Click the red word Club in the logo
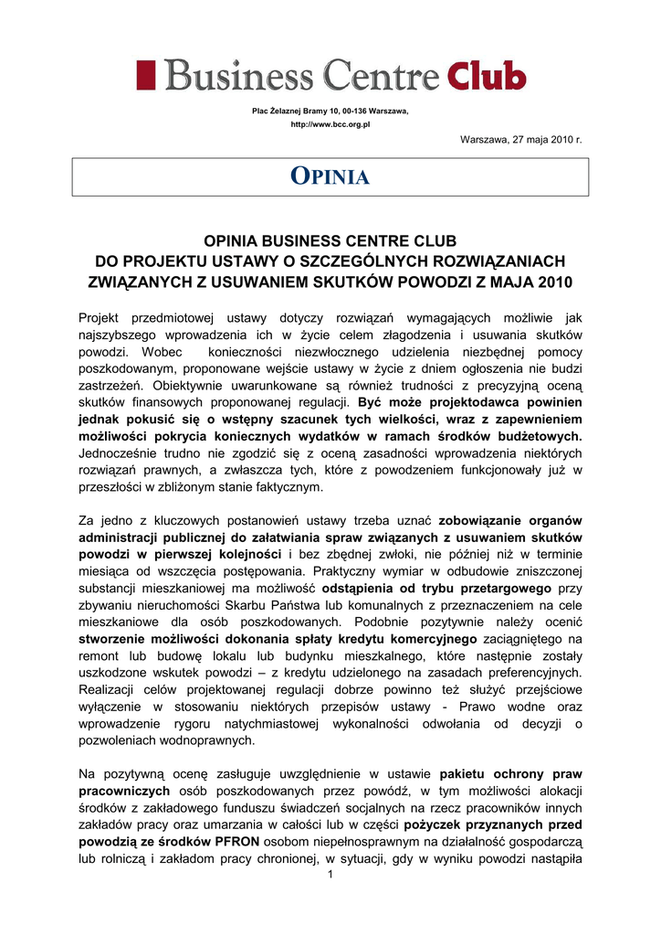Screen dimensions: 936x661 coord(487,74)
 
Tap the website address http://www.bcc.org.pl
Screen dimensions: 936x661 coord(330,124)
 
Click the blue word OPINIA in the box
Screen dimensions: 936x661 coord(330,177)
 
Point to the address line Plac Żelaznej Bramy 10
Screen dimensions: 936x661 coord(330,111)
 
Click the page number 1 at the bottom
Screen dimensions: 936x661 coord(330,877)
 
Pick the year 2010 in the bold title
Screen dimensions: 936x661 coord(559,282)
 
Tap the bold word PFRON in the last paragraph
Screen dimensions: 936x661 coord(236,841)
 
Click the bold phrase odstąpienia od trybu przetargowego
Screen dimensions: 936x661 coord(438,589)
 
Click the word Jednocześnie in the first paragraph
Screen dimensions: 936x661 coord(121,453)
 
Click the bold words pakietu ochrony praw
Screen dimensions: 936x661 coord(509,772)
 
